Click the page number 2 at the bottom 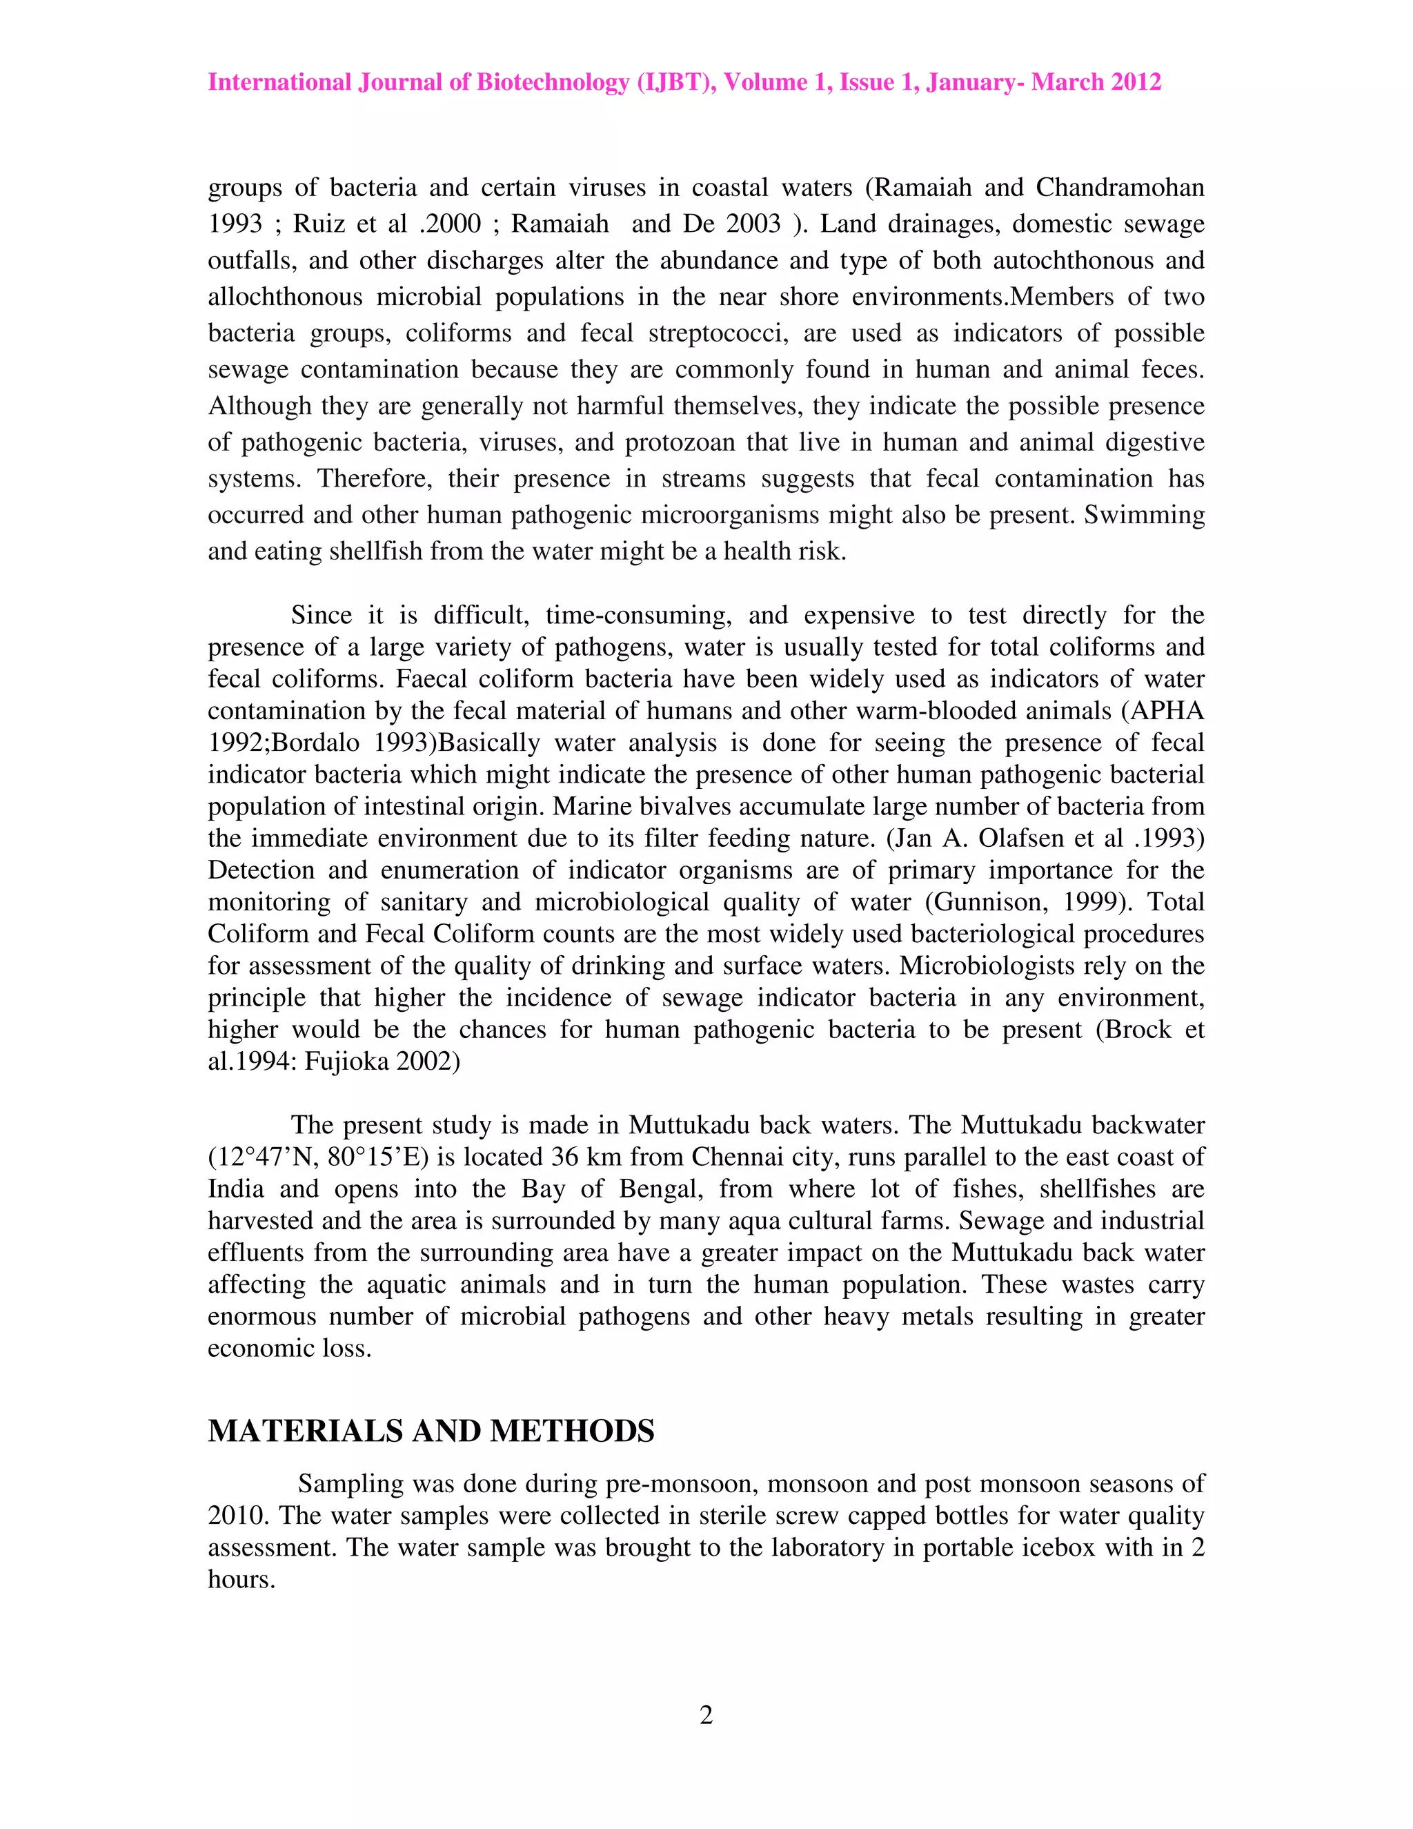(x=706, y=1715)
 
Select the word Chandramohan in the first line (x=1120, y=187)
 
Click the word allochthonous (x=286, y=297)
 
